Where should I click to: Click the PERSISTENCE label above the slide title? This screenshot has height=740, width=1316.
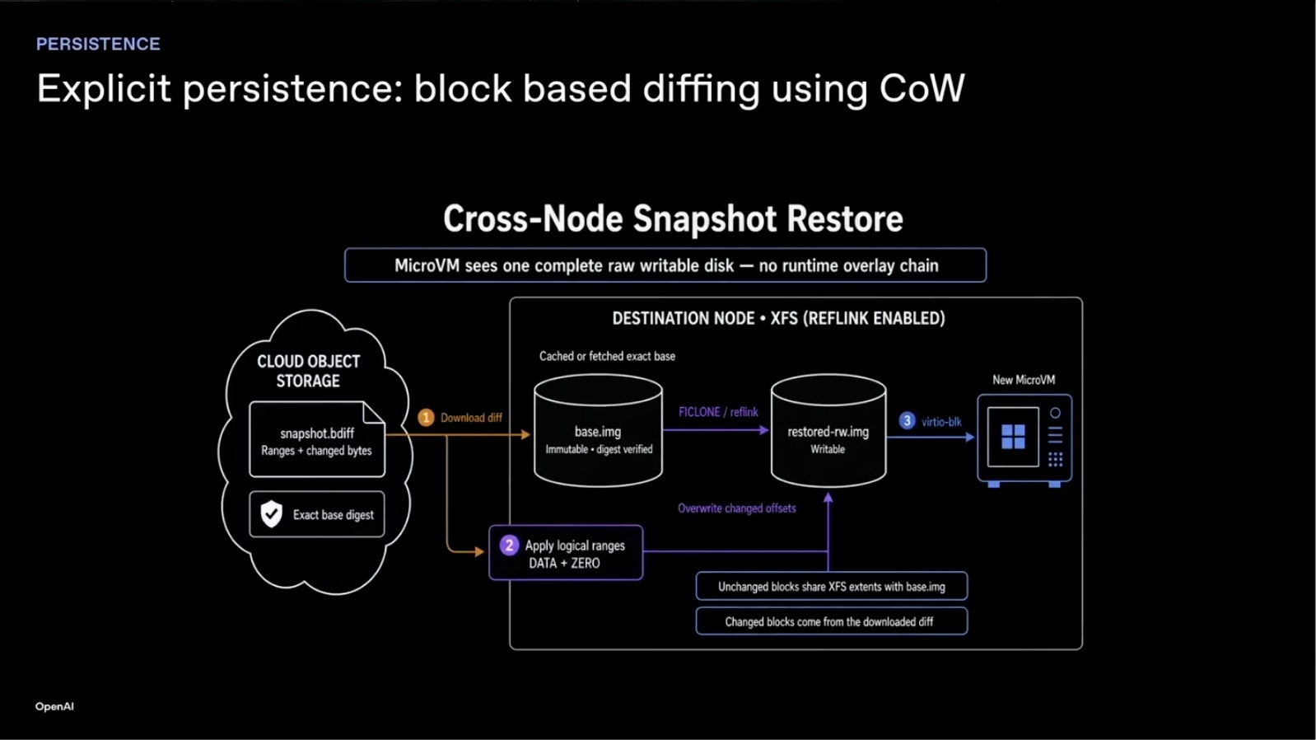98,44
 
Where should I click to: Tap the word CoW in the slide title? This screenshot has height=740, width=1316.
922,89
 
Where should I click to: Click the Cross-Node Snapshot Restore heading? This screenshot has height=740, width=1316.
673,218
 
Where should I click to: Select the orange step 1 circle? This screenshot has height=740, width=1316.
426,417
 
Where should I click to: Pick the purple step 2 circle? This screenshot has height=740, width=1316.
510,546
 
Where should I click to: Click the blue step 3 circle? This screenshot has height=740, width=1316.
907,421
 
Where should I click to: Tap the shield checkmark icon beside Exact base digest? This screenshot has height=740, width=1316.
272,513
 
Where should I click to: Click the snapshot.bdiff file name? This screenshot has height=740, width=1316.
317,433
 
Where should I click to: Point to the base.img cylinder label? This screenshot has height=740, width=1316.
598,432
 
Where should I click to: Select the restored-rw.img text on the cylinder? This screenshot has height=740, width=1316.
828,432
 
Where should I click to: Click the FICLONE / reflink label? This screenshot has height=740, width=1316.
718,412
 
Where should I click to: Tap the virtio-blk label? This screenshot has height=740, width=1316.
941,421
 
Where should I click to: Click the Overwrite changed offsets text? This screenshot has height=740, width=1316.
737,508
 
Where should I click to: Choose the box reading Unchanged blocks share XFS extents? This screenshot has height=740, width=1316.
831,587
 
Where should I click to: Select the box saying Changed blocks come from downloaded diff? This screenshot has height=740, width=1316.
831,621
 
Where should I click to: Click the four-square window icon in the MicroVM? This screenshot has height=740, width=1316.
1013,437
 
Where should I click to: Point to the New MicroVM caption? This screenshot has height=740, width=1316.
1024,380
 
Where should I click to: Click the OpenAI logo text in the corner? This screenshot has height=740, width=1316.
54,706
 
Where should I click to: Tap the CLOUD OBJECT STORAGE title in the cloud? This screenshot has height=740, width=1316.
309,371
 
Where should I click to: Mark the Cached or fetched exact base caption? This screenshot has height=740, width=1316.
607,356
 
